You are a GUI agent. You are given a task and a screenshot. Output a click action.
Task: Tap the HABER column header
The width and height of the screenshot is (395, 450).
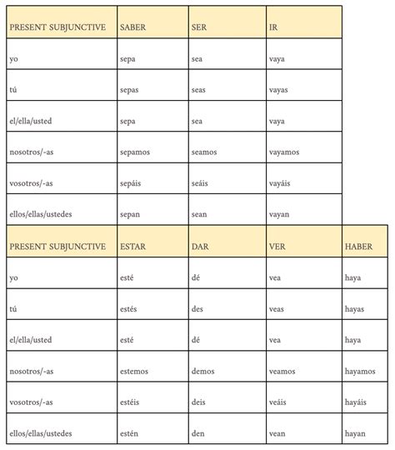tap(358, 246)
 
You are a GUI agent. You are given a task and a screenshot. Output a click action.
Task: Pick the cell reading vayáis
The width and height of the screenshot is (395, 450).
tap(282, 182)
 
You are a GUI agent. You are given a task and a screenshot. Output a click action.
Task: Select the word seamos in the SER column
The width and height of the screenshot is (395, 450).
tap(205, 152)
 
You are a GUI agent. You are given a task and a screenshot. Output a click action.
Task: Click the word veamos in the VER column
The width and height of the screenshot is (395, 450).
tap(284, 370)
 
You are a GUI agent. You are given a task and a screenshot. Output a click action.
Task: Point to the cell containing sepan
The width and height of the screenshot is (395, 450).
tap(132, 214)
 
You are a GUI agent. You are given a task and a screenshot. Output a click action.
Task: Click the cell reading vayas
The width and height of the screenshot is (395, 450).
tap(280, 90)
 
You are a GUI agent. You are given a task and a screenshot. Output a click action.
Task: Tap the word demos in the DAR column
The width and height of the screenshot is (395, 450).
tap(203, 370)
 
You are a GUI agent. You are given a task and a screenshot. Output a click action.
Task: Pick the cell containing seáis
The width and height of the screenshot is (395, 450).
tap(202, 182)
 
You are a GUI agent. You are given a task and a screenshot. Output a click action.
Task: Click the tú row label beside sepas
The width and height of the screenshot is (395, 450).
tap(13, 90)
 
